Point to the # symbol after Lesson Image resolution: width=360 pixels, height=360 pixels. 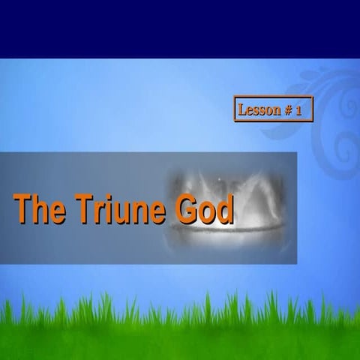click(x=287, y=110)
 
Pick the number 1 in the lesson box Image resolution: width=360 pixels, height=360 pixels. click(x=298, y=110)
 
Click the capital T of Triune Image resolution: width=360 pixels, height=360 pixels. click(x=82, y=209)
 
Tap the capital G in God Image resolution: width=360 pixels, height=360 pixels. click(x=187, y=209)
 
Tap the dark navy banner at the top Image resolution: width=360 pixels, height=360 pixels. click(x=180, y=28)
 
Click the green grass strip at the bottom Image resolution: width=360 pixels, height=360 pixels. click(x=180, y=330)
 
